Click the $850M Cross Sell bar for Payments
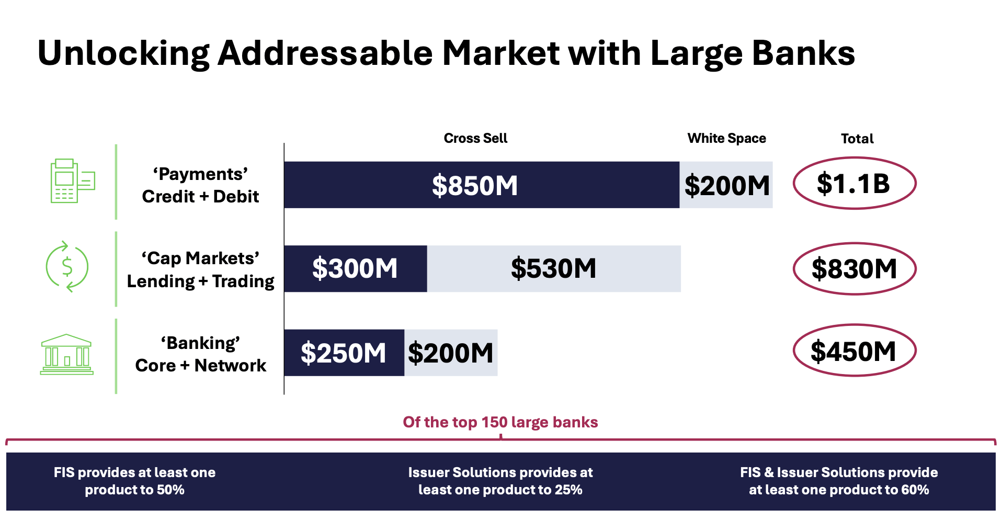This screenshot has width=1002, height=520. [x=481, y=185]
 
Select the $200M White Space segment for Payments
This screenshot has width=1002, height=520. [x=726, y=185]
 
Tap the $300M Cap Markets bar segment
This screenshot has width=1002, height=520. [x=355, y=268]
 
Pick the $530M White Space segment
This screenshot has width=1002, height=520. [x=553, y=268]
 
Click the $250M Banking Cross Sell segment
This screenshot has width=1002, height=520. [x=344, y=353]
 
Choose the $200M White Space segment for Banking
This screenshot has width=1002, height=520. [x=450, y=353]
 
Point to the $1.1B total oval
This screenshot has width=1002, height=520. [x=854, y=183]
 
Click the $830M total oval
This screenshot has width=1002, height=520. [x=854, y=268]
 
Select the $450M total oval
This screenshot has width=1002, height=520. [x=854, y=351]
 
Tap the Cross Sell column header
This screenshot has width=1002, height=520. [x=475, y=138]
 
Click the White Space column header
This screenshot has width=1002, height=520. [x=726, y=138]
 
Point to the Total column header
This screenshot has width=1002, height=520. [x=857, y=139]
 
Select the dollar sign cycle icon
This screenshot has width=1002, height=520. [x=67, y=267]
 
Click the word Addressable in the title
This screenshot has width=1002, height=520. [x=325, y=53]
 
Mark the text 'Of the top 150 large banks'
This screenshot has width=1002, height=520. [x=500, y=422]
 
